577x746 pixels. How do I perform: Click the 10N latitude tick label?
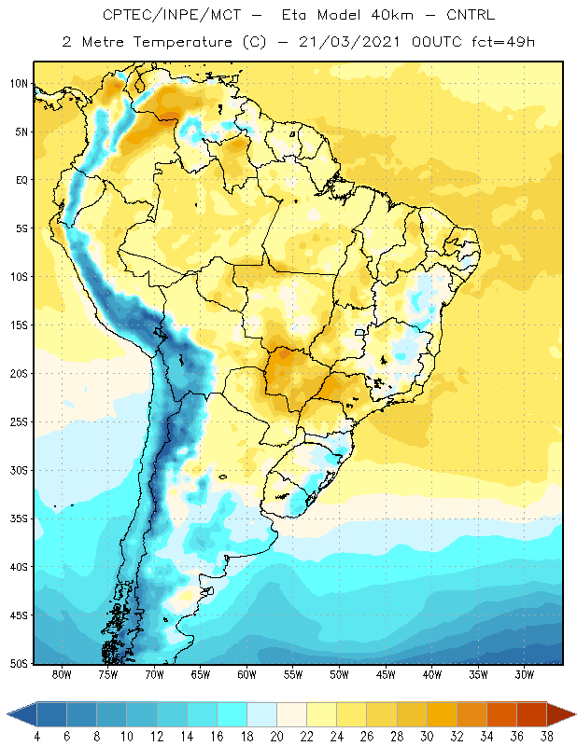pos(19,84)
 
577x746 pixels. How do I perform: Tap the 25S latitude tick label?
pos(19,422)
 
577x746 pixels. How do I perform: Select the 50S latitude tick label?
pos(19,664)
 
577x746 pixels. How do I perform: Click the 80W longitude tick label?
pos(62,674)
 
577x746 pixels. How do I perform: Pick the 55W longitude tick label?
pos(293,674)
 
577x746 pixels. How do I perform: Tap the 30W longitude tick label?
pos(525,674)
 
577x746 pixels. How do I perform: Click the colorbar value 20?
pos(276,737)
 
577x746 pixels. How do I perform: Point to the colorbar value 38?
pos(546,737)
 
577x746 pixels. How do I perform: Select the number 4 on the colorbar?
pos(37,737)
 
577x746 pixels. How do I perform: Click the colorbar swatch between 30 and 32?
pos(442,714)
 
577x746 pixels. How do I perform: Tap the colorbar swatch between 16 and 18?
pos(232,714)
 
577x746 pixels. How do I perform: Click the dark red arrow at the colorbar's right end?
pos(560,714)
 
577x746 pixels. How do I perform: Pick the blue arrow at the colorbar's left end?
pos(22,714)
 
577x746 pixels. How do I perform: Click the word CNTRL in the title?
pos(471,15)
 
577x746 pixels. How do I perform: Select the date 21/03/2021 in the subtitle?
pos(349,42)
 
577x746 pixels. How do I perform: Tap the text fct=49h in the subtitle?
pos(503,42)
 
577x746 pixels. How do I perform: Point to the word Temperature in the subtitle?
pos(182,42)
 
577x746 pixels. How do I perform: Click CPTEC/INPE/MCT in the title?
pos(172,15)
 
